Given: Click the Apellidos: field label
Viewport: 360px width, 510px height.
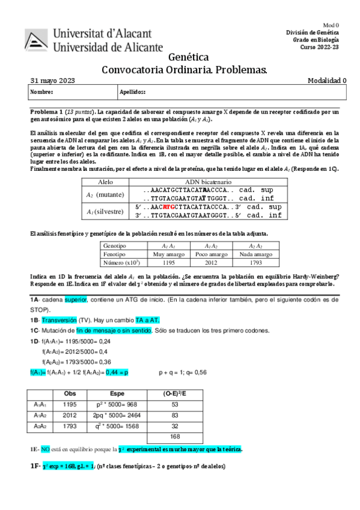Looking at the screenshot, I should coord(133,92).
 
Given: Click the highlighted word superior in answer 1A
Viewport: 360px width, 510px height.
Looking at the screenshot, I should coord(76,300).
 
